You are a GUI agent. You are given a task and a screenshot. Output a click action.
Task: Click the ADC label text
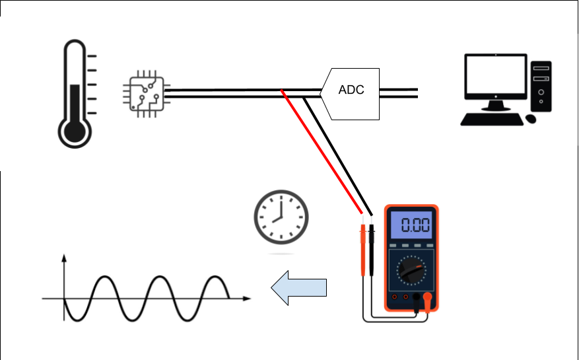click(351, 90)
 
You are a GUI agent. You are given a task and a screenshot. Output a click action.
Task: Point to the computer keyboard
click(490, 119)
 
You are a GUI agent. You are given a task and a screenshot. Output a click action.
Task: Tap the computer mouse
click(531, 119)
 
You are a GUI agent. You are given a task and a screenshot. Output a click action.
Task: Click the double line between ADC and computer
click(399, 93)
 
